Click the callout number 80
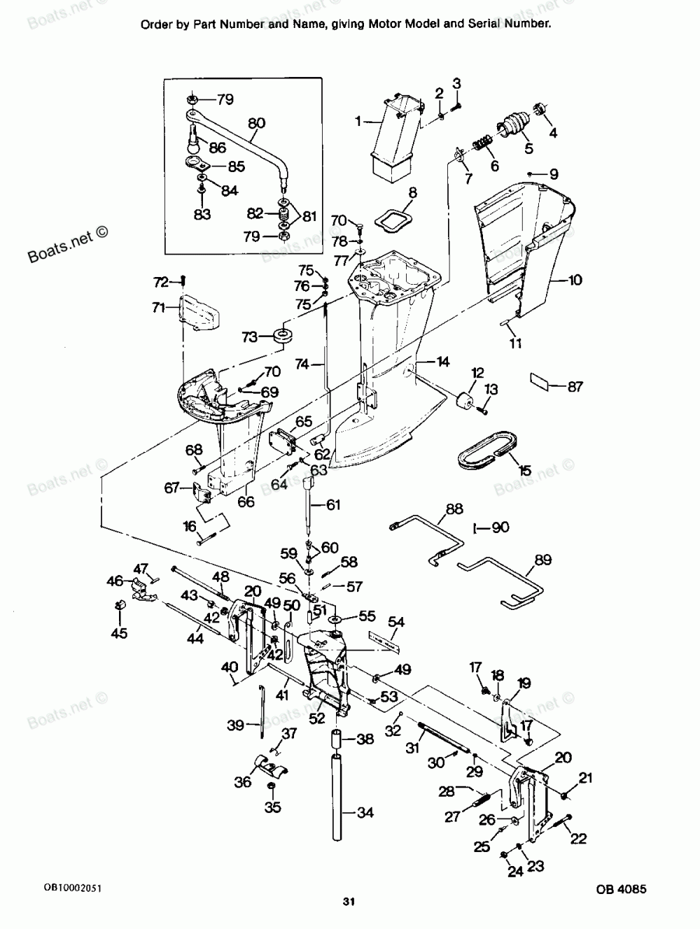click(x=257, y=124)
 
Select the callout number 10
click(x=574, y=281)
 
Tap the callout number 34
click(x=365, y=813)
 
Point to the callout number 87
click(x=575, y=387)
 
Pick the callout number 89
click(x=542, y=560)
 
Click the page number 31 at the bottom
click(x=349, y=902)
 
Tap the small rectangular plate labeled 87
click(x=540, y=381)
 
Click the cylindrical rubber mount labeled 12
click(x=463, y=405)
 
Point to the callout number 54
click(x=396, y=620)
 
